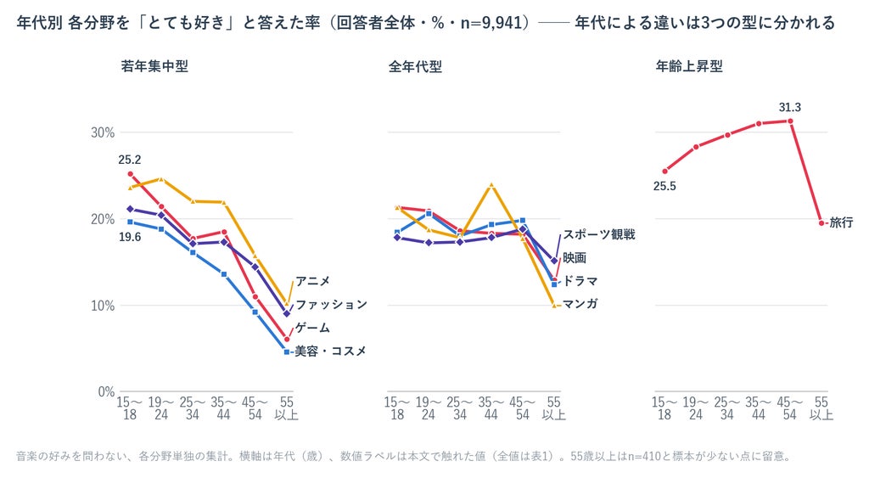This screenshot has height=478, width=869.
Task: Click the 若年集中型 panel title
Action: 154,66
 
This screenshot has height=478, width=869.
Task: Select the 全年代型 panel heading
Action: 415,66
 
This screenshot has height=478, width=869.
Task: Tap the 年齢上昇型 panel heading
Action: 689,66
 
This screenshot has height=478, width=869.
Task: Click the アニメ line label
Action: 312,281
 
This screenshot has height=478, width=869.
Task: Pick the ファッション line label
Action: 331,305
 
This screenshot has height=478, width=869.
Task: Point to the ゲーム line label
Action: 312,328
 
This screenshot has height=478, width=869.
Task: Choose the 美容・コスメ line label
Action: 330,351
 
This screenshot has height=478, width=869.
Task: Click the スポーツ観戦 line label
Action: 599,234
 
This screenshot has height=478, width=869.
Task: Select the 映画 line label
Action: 575,258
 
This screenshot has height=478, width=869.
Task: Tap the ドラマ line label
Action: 580,281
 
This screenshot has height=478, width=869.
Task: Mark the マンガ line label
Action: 580,304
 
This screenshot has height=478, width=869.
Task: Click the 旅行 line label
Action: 841,222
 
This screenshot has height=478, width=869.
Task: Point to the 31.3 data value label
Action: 790,107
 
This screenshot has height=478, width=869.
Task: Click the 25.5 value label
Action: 664,186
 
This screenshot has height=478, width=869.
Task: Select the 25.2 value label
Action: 130,160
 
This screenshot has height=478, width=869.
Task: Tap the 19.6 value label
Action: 130,237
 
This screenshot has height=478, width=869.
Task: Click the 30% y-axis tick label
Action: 103,132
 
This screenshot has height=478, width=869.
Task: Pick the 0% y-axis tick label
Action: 106,391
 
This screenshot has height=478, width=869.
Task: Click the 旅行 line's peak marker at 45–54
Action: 790,121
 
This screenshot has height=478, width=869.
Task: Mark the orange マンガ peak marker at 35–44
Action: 491,185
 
